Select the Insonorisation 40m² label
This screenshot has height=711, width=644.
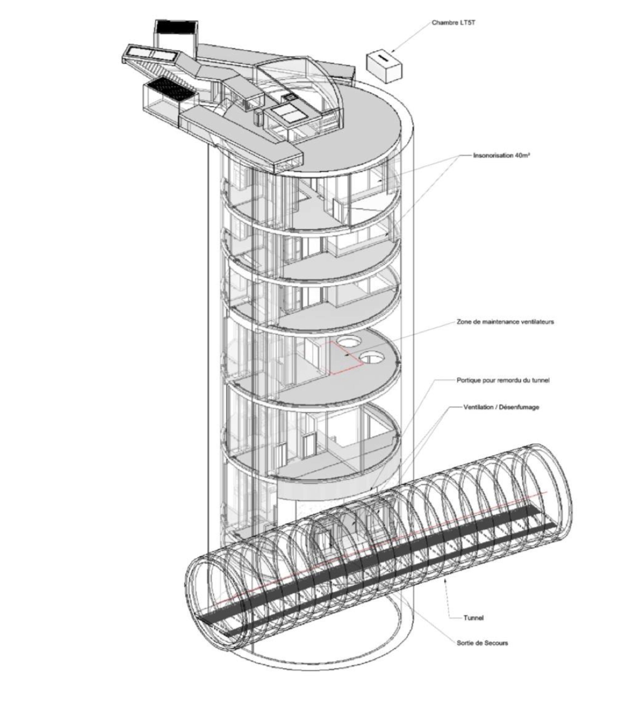pyautogui.click(x=500, y=155)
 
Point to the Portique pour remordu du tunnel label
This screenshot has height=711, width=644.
pyautogui.click(x=503, y=380)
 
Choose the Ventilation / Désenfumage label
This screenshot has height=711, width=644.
pyautogui.click(x=501, y=407)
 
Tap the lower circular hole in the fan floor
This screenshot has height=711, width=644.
pyautogui.click(x=371, y=358)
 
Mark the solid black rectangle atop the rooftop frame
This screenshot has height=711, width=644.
pyautogui.click(x=176, y=26)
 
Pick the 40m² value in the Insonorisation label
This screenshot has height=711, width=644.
pyautogui.click(x=522, y=155)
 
